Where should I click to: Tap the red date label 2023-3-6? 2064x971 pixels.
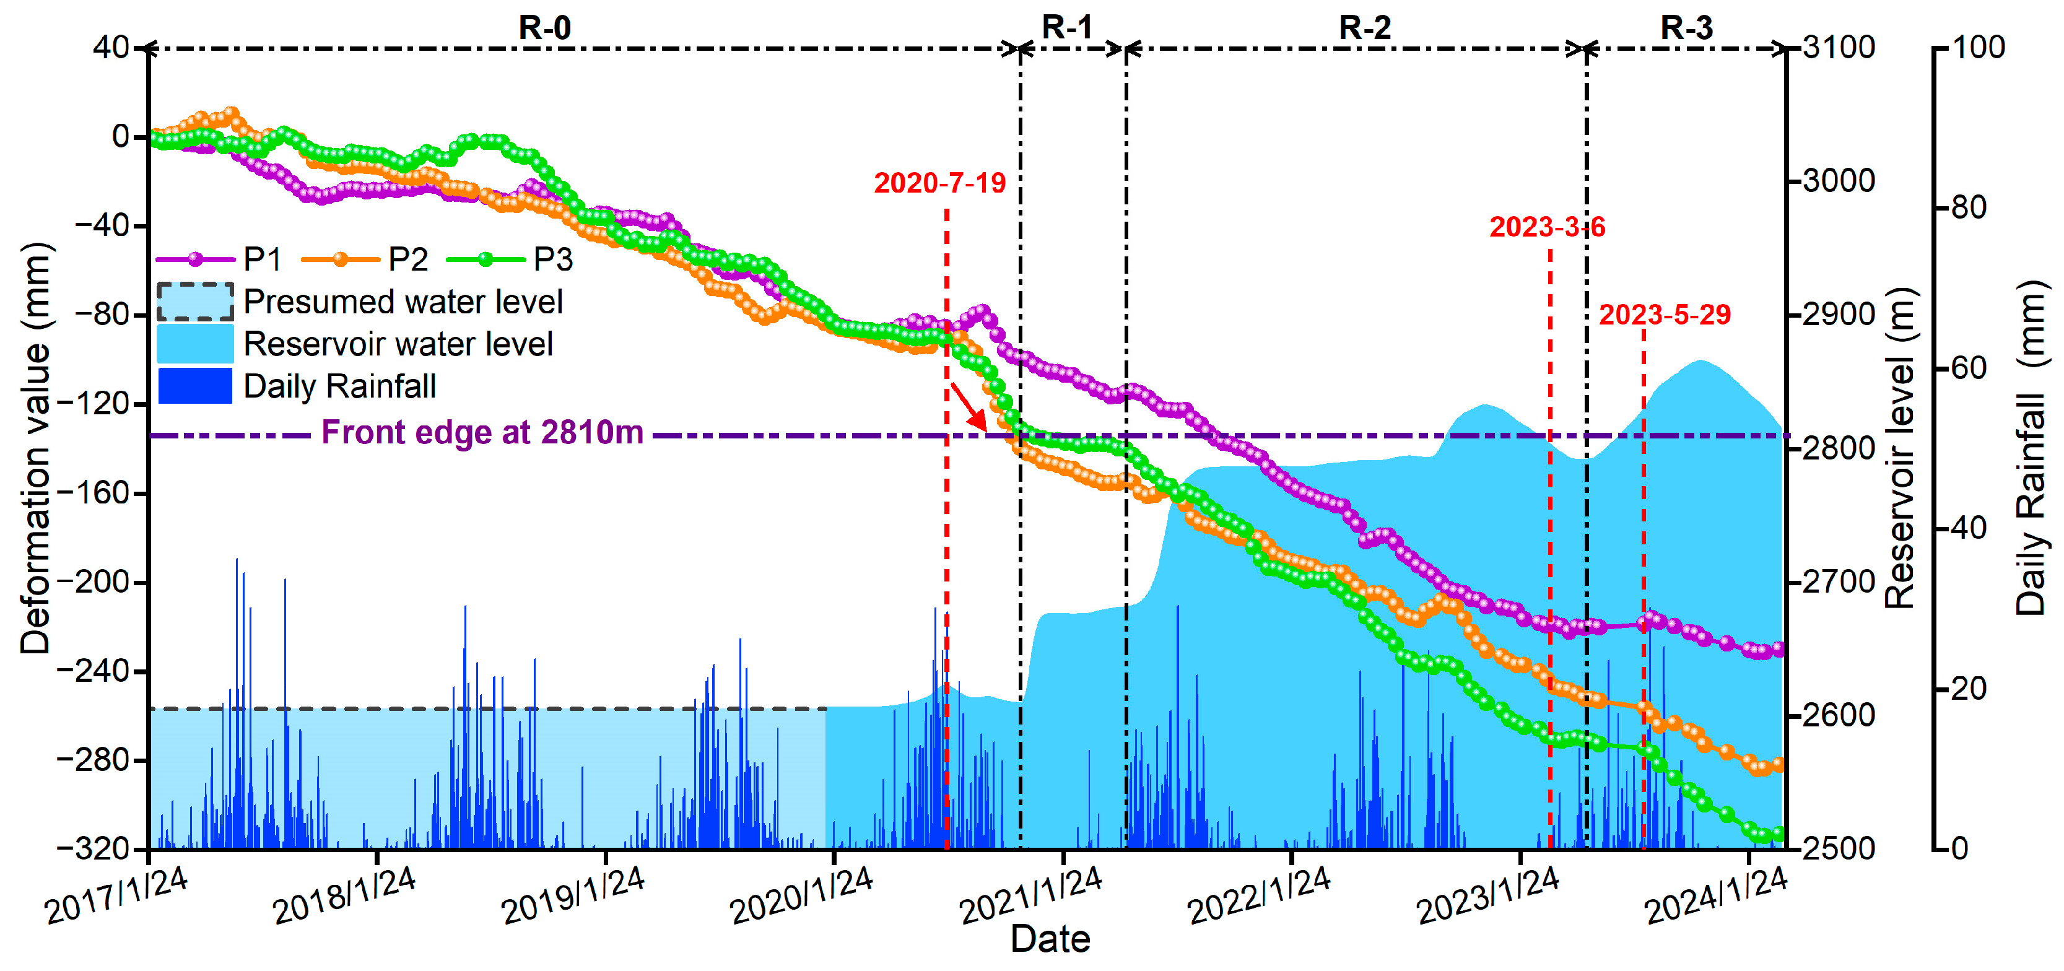pyautogui.click(x=1546, y=227)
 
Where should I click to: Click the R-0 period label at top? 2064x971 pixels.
pyautogui.click(x=545, y=27)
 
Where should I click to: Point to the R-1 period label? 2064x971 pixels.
pyautogui.click(x=1066, y=27)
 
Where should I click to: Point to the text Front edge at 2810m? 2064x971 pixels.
pyautogui.click(x=482, y=433)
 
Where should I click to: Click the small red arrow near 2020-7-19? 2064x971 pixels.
pyautogui.click(x=970, y=407)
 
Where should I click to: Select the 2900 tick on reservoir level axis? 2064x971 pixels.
pyautogui.click(x=1838, y=314)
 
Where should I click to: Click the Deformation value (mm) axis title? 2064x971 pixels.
pyautogui.click(x=35, y=448)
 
